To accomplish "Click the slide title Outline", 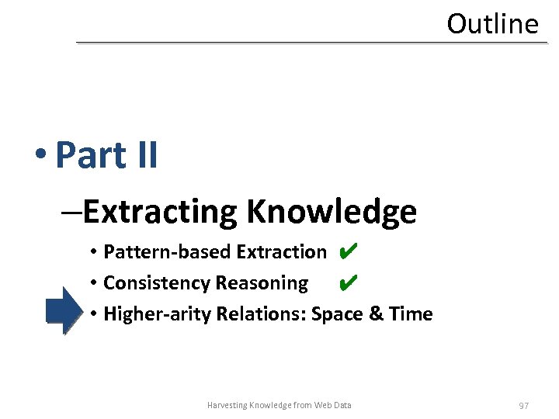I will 492,23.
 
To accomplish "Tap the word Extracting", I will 160,211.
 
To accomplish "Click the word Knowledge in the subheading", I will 332,212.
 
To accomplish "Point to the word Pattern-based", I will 167,252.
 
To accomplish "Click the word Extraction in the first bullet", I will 281,252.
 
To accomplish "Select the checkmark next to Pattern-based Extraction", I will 349,251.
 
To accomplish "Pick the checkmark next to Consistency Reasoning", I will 349,282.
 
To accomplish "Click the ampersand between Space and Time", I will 376,314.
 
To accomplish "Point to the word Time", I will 411,314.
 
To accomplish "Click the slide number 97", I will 524,406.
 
